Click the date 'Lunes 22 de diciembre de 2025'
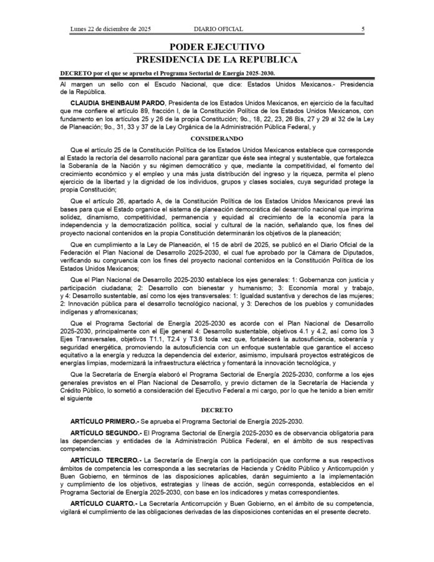tap(111, 29)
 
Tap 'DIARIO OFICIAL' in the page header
tap(218, 29)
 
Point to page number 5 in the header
tap(363, 29)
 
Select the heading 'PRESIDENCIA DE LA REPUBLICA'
tap(217, 60)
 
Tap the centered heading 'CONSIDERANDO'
tap(217, 138)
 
